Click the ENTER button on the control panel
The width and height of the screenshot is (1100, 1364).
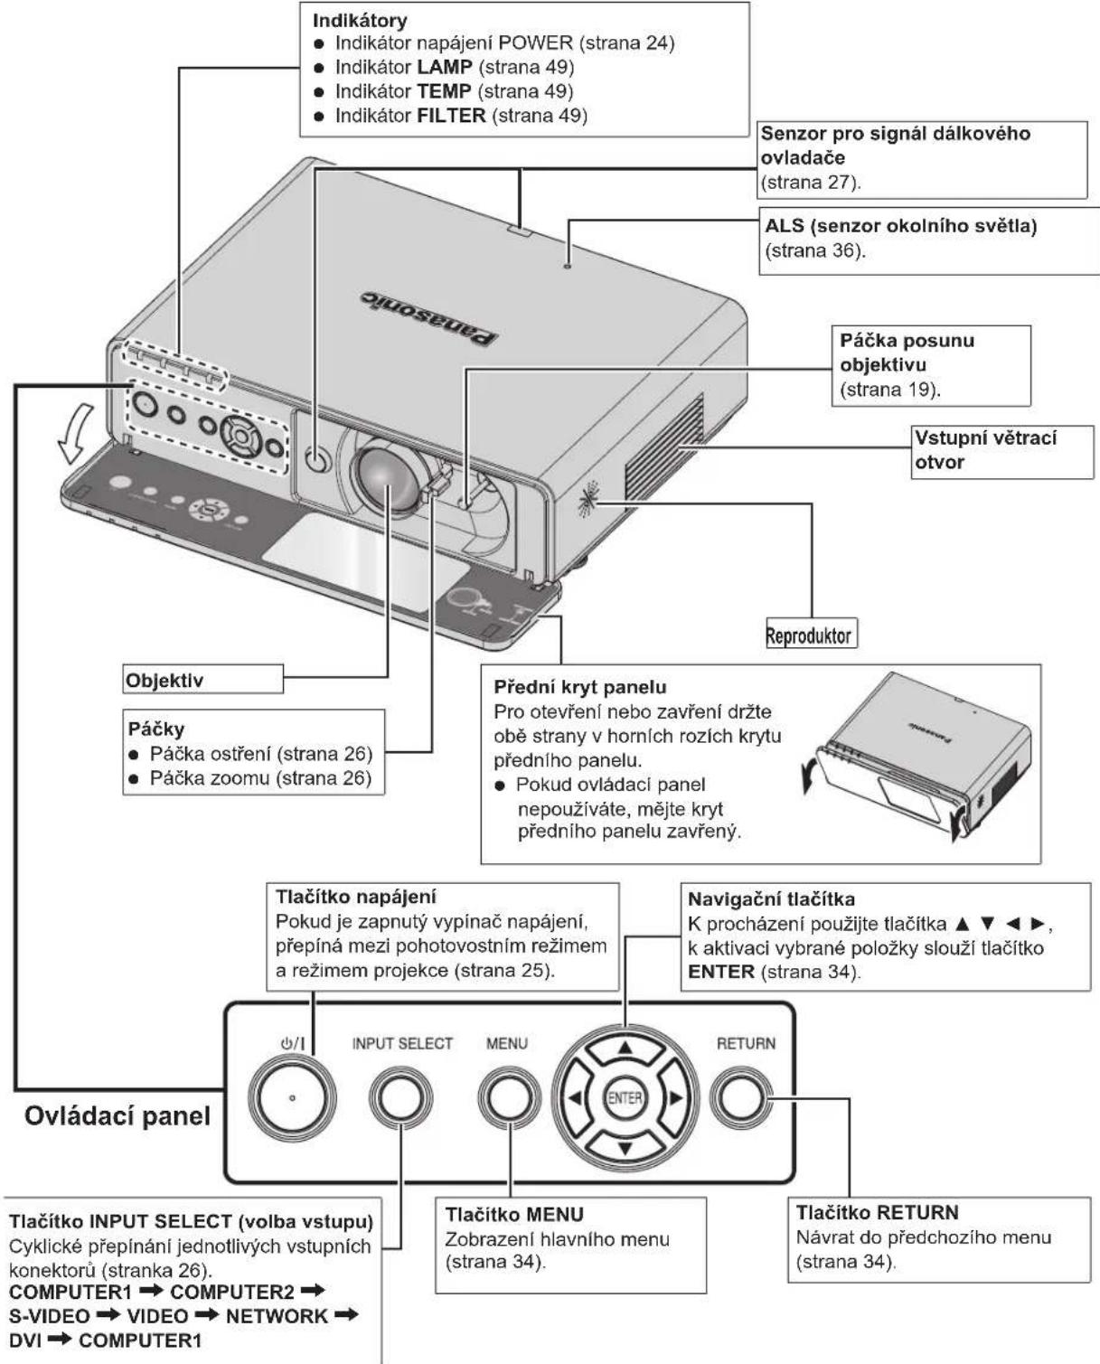625,1098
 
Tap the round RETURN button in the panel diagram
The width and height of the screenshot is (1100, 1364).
740,1097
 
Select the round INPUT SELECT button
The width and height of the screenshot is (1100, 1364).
401,1097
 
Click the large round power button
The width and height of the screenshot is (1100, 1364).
292,1098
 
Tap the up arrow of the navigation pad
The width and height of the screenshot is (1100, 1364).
625,1048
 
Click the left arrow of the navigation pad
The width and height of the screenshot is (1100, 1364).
575,1097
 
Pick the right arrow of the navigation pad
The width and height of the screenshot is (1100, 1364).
676,1097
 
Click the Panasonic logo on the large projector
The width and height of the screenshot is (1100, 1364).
430,318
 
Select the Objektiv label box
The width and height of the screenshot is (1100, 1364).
203,679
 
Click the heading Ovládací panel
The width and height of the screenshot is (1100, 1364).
118,1116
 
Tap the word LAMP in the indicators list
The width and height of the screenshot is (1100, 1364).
445,67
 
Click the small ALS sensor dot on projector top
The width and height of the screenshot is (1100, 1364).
568,267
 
